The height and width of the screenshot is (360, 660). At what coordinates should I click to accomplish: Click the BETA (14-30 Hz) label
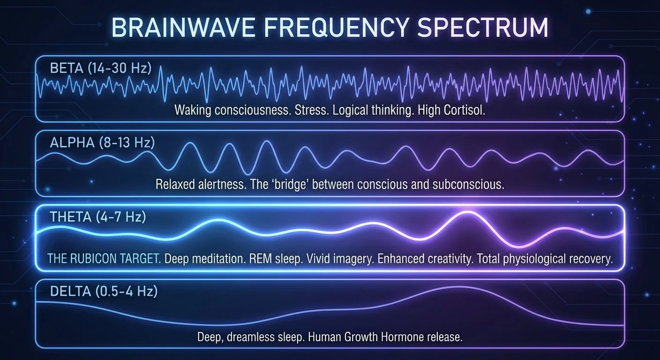pos(101,68)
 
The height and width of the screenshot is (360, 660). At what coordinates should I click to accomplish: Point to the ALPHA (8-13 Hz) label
pos(102,143)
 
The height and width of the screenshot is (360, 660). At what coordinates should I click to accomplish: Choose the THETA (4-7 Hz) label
pos(98,217)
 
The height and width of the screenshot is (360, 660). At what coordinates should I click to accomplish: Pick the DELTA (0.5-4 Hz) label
pos(104,292)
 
